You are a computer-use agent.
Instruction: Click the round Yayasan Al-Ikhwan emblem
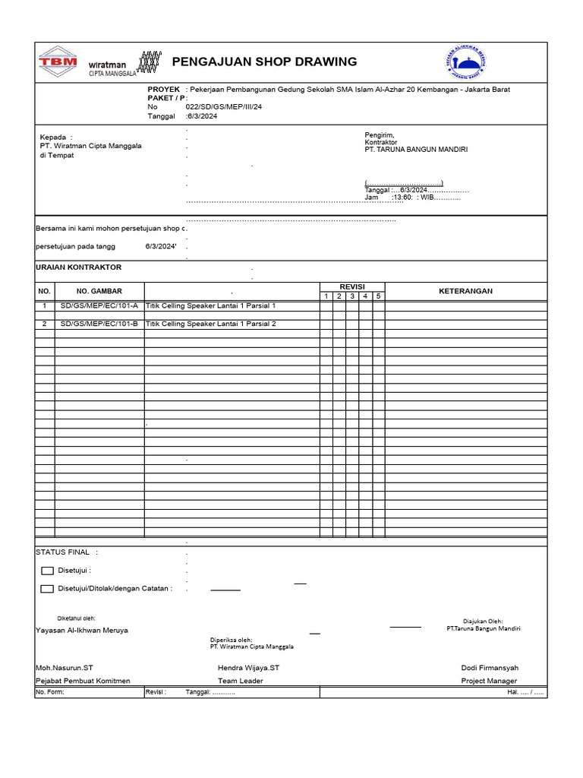tap(466, 63)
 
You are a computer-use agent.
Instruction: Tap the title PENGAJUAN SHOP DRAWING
tap(265, 62)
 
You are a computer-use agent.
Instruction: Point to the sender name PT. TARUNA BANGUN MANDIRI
tap(416, 150)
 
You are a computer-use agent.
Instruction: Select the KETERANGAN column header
tap(465, 291)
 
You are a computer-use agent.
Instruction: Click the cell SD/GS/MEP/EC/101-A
tap(99, 305)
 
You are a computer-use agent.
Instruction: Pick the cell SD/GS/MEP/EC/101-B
tap(99, 324)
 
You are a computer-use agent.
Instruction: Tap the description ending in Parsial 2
tap(211, 324)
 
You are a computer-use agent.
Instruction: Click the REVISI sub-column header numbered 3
tap(352, 296)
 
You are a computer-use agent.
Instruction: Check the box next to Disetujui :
tap(47, 571)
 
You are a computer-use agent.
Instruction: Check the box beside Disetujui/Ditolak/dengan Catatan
tap(47, 589)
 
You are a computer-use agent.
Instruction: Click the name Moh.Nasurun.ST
tap(65, 668)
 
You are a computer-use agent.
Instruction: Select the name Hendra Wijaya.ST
tap(248, 668)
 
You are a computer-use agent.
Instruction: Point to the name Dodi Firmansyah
tap(490, 668)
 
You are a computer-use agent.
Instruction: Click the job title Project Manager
tap(490, 681)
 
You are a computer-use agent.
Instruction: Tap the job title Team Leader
tap(240, 681)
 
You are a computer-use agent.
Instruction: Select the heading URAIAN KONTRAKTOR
tap(78, 267)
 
